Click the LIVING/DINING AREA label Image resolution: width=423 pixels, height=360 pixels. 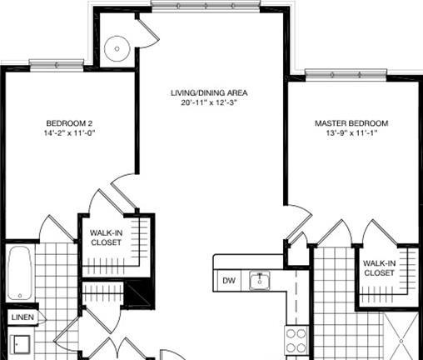pyautogui.click(x=209, y=92)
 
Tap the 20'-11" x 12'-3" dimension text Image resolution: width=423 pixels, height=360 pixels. pyautogui.click(x=209, y=102)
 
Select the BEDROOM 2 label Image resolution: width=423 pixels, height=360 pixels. pyautogui.click(x=69, y=123)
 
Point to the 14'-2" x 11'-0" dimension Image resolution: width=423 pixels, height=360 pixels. pyautogui.click(x=69, y=132)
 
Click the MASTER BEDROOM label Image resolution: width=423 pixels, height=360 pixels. pyautogui.click(x=351, y=123)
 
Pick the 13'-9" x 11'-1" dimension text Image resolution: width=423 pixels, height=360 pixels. pyautogui.click(x=351, y=132)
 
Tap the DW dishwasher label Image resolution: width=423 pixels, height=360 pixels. pyautogui.click(x=229, y=281)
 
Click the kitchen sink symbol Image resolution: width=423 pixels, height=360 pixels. pyautogui.click(x=259, y=281)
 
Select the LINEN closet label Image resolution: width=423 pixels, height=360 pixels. pyautogui.click(x=22, y=317)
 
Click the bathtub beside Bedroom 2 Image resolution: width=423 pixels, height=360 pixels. pyautogui.click(x=19, y=273)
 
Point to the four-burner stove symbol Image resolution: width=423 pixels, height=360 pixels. pyautogui.click(x=296, y=340)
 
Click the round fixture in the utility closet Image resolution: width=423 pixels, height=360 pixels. pyautogui.click(x=117, y=48)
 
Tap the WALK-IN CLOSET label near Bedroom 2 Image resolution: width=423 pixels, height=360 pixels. pyautogui.click(x=107, y=237)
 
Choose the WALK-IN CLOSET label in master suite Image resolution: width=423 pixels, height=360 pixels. pyautogui.click(x=379, y=267)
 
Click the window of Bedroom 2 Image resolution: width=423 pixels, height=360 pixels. pyautogui.click(x=57, y=65)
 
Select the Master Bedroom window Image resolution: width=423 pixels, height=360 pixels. pyautogui.click(x=346, y=75)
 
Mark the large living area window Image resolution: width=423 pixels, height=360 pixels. pyautogui.click(x=206, y=6)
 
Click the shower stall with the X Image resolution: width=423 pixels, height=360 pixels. pyautogui.click(x=401, y=336)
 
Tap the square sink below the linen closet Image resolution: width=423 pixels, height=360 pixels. pyautogui.click(x=21, y=344)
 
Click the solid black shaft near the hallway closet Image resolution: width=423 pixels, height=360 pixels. pyautogui.click(x=138, y=294)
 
